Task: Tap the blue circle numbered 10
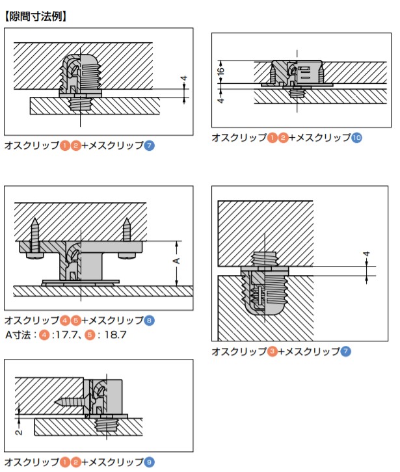tap(356, 138)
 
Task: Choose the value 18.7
tap(114, 335)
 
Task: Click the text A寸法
tap(20, 335)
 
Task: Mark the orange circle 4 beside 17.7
tap(44, 335)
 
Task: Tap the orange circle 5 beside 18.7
tap(91, 335)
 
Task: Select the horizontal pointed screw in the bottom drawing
tap(70, 402)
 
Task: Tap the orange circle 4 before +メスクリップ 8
tap(65, 321)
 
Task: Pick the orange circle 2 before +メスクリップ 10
tap(283, 138)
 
